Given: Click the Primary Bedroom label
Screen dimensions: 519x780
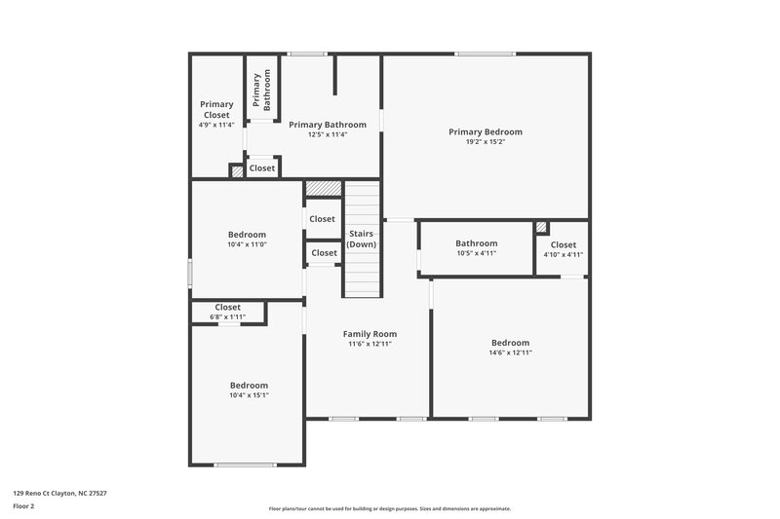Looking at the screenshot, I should [x=485, y=131].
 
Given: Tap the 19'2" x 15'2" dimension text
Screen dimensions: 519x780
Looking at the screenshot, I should [x=485, y=142].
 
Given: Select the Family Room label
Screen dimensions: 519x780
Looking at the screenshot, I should [x=370, y=333].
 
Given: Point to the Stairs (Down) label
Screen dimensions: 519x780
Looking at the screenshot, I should [x=361, y=239].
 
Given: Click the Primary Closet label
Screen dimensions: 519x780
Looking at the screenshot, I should [x=216, y=109].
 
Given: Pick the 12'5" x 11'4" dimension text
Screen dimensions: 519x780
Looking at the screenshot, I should [x=327, y=134].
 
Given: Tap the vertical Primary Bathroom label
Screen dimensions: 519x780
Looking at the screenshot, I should [x=261, y=91].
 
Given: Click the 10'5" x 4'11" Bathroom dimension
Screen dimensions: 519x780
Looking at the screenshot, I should [x=476, y=253].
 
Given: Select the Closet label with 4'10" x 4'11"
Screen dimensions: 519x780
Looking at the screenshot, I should [x=563, y=244].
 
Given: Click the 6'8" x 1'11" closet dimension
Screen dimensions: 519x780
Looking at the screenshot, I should [x=227, y=316].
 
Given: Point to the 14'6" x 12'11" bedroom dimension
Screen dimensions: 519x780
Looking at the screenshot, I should [x=510, y=352].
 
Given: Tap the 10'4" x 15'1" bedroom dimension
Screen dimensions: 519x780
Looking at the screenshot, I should [x=249, y=395].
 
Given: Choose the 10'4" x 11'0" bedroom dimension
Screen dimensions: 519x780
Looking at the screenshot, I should [x=247, y=244].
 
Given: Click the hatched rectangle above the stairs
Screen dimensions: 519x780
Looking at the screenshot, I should [x=323, y=188].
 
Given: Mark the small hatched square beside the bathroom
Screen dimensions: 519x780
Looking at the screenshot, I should [x=541, y=227].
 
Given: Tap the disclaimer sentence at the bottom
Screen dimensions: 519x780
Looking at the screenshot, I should [x=389, y=508].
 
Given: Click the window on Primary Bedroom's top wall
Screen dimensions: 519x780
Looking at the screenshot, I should [x=486, y=54].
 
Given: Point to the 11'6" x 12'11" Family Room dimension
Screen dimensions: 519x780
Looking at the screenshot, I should [x=370, y=344].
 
